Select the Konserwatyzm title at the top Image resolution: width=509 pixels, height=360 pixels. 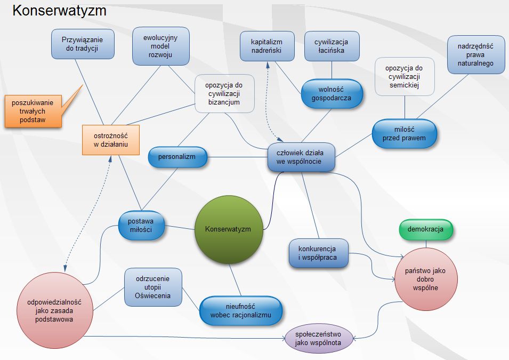pos(59,11)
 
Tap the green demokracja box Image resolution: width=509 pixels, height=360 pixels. pos(425,230)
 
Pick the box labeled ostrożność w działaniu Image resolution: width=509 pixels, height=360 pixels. pos(111,140)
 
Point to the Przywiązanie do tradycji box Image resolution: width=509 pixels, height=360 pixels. pos(83,44)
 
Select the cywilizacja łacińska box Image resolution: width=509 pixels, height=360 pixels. pos(332,46)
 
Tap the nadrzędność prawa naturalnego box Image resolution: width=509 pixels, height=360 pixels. pos(475,55)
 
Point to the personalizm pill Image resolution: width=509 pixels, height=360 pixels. pos(177,157)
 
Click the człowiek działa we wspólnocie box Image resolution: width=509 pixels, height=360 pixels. pos(302,157)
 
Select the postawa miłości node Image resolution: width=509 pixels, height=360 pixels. pos(141,225)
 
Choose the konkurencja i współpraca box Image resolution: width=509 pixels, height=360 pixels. pos(319,253)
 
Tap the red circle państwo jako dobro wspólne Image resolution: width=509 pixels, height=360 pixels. pos(425,278)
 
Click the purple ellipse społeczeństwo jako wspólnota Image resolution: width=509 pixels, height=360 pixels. pos(320,338)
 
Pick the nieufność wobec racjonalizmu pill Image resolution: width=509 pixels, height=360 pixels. pos(241,311)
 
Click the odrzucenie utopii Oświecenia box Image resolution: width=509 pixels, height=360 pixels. pos(153,287)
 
